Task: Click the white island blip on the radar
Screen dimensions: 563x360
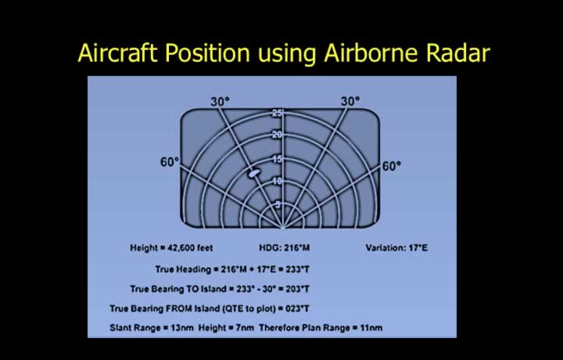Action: [x=254, y=173]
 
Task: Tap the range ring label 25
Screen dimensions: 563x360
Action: [x=277, y=113]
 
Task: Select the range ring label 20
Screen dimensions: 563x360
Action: [x=277, y=135]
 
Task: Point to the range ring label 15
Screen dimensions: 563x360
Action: [x=277, y=159]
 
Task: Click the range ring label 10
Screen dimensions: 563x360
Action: [x=277, y=181]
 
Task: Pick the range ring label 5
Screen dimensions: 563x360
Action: [x=278, y=205]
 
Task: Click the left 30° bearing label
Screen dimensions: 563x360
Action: [x=220, y=102]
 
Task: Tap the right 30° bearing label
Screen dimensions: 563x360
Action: [x=350, y=101]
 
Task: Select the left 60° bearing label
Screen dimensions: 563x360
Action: [x=170, y=163]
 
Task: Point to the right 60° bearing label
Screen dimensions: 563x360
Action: [x=392, y=167]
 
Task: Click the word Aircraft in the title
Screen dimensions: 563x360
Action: [x=118, y=53]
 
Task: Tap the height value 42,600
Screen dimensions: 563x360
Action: [x=180, y=248]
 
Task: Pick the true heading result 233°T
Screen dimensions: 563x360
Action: [x=298, y=269]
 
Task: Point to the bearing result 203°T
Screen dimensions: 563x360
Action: [x=298, y=290]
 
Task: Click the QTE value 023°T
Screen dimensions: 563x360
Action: [x=298, y=308]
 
